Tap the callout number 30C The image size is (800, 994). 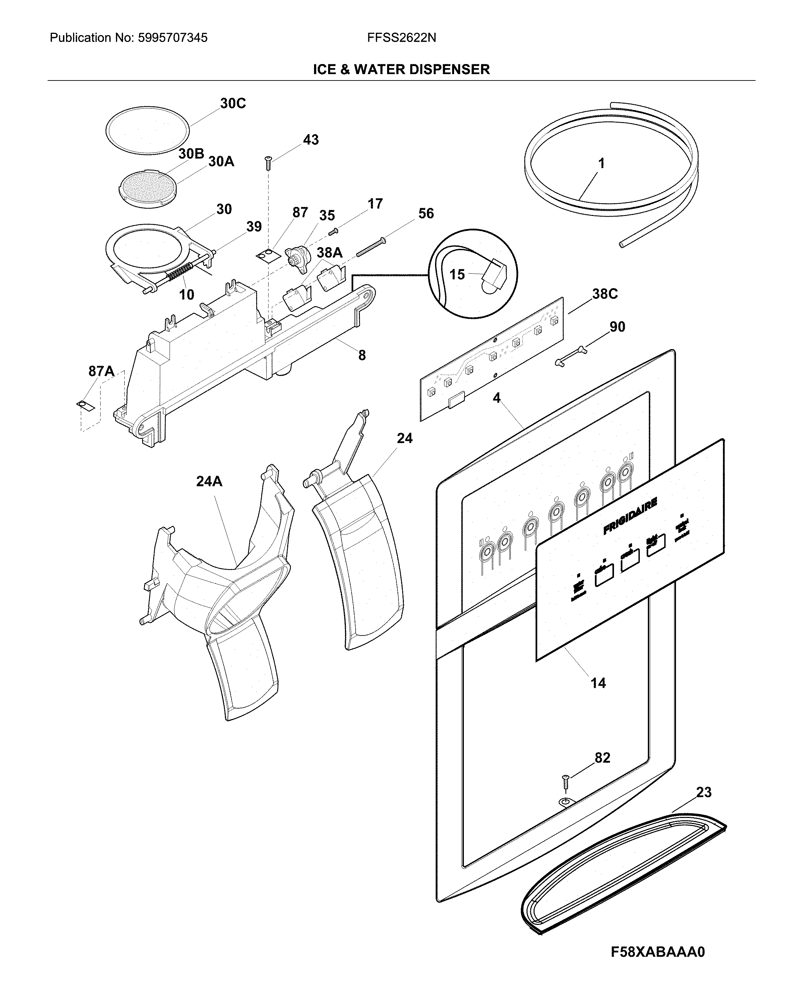tap(233, 104)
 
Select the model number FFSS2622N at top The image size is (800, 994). tap(402, 38)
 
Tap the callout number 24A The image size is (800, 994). tap(209, 481)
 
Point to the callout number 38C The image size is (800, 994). tap(605, 294)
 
